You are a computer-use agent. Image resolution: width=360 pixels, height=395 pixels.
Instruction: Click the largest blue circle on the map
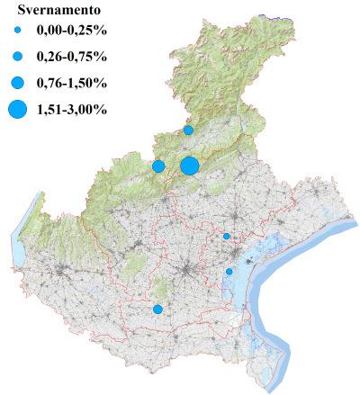(x=189, y=166)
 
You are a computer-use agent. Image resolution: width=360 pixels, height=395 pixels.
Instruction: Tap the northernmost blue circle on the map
(x=188, y=130)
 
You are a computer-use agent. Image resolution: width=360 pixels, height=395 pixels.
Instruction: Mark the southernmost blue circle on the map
(x=157, y=310)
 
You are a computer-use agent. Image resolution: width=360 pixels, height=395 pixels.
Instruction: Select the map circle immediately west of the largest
(x=158, y=166)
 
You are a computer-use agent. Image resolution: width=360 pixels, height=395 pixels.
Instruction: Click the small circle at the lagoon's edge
(x=229, y=272)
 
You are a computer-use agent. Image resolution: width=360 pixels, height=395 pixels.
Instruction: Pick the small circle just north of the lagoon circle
(x=227, y=237)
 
